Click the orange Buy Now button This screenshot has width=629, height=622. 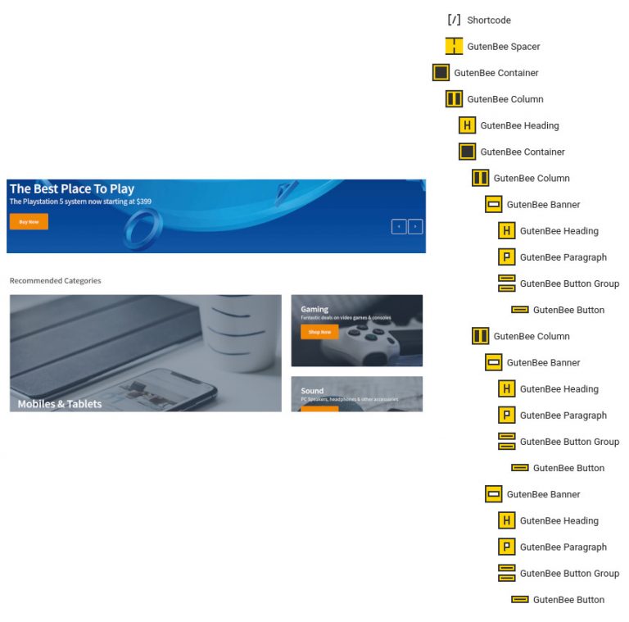coord(29,221)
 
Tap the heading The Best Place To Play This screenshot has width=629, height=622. coord(72,189)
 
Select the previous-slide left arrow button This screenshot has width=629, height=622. coord(399,226)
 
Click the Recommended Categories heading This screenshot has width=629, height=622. coord(55,280)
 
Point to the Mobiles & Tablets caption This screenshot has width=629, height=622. coord(60,403)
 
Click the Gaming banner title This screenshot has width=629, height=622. coord(314,309)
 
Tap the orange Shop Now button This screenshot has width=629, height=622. coord(319,332)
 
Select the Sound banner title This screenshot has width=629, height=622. coord(312,391)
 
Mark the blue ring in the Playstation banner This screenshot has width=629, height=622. coord(143,226)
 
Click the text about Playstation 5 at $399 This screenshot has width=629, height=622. coord(80,202)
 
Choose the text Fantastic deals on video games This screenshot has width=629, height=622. coord(346,318)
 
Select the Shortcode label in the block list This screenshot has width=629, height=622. coord(489,20)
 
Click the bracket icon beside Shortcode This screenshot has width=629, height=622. coord(454,20)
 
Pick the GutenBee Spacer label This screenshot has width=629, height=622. coord(504,47)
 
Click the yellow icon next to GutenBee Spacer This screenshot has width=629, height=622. coord(454,47)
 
